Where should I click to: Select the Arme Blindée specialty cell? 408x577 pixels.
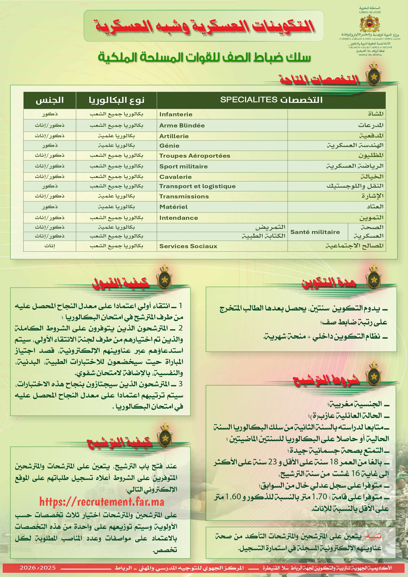pyautogui.click(x=182, y=125)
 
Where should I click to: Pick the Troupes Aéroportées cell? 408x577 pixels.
pyautogui.click(x=194, y=156)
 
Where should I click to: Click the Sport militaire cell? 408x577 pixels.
pyautogui.click(x=184, y=166)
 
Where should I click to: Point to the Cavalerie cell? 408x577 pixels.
pyautogui.click(x=175, y=177)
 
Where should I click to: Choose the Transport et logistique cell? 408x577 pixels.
pyautogui.click(x=197, y=186)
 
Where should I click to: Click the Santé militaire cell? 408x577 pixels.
pyautogui.click(x=315, y=232)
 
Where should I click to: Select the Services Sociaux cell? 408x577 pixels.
pyautogui.click(x=188, y=246)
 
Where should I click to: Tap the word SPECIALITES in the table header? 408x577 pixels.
pyautogui.click(x=249, y=100)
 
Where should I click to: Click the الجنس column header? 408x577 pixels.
pyautogui.click(x=50, y=100)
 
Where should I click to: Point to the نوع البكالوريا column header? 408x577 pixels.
pyautogui.click(x=116, y=100)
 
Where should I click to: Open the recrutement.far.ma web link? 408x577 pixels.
pyautogui.click(x=102, y=502)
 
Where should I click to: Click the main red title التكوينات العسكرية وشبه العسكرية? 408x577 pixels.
pyautogui.click(x=204, y=26)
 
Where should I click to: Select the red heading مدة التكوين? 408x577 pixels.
pyautogui.click(x=328, y=283)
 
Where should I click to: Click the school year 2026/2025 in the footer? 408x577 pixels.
pyautogui.click(x=38, y=567)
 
